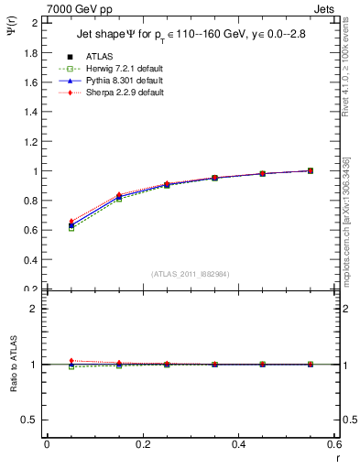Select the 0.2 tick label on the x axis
coord(142,444)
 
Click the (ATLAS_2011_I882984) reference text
coord(191,275)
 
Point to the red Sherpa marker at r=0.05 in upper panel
coord(71,222)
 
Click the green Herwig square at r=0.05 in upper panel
coord(71,229)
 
